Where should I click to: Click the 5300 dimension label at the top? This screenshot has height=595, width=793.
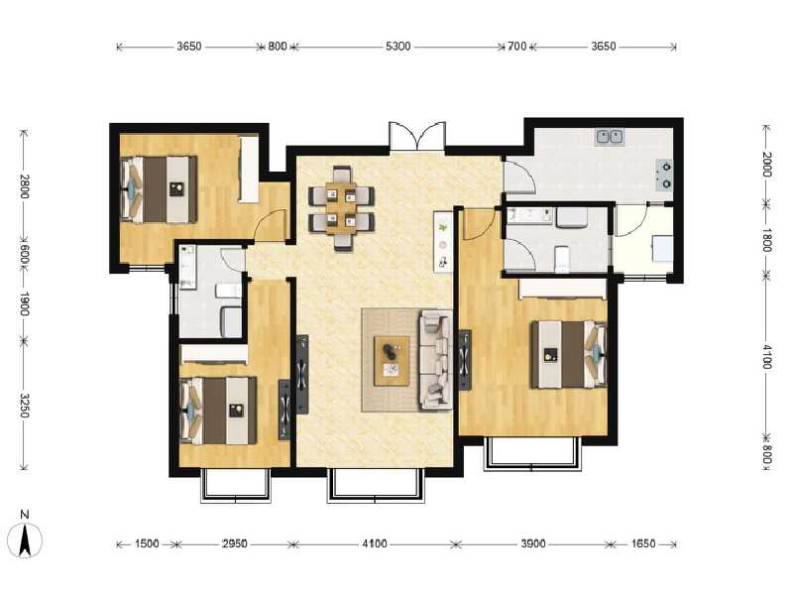(x=398, y=47)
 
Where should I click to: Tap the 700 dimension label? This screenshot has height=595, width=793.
(x=516, y=47)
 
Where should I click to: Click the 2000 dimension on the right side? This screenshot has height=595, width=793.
(x=766, y=166)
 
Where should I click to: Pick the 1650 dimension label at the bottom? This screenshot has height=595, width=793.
(x=644, y=543)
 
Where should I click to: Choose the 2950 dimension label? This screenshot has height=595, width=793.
(x=235, y=543)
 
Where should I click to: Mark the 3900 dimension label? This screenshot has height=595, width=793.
(x=533, y=543)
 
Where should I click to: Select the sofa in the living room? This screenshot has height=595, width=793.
(x=437, y=359)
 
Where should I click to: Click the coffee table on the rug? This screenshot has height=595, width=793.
(x=392, y=360)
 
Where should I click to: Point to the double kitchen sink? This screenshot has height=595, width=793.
(x=609, y=136)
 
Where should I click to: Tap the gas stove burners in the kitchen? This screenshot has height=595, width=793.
(x=666, y=175)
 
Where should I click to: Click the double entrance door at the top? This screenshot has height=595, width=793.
(x=417, y=137)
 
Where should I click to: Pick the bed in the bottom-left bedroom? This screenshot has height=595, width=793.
(x=217, y=409)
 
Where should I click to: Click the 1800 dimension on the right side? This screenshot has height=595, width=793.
(x=766, y=241)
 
